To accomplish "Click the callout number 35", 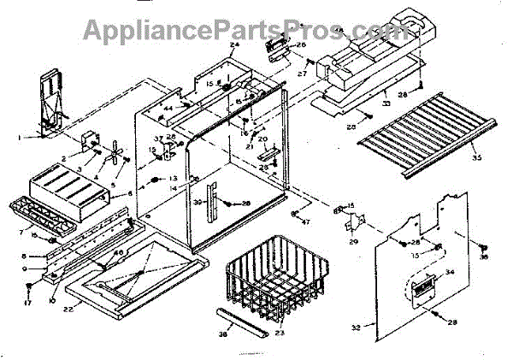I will coord(475,156).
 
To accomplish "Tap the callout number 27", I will coord(302,74).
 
